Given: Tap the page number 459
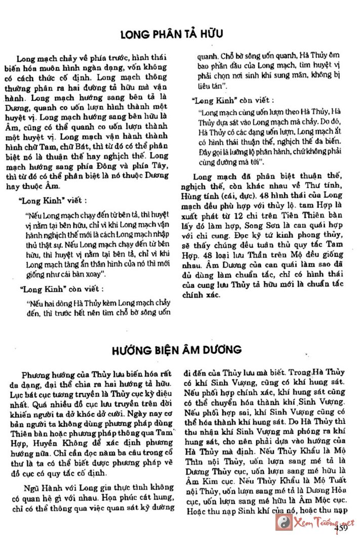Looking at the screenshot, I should [x=340, y=529].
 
